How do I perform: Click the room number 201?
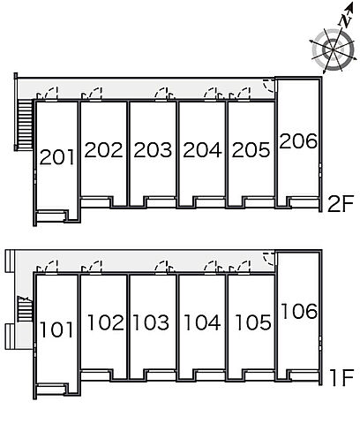pyautogui.click(x=56, y=157)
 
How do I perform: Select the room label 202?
pyautogui.click(x=103, y=150)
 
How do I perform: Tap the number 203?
pyautogui.click(x=153, y=150)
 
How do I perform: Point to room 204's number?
pyautogui.click(x=202, y=150)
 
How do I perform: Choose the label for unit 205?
pyautogui.click(x=251, y=150)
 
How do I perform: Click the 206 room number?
pyautogui.click(x=298, y=140)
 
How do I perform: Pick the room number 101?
pyautogui.click(x=56, y=329)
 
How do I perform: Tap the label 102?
pyautogui.click(x=106, y=322)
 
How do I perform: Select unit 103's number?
pyautogui.click(x=151, y=322)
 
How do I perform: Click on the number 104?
pyautogui.click(x=202, y=322)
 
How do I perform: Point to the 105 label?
pyautogui.click(x=253, y=322)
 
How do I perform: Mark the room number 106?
pyautogui.click(x=299, y=311)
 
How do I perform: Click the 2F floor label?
pyautogui.click(x=340, y=204)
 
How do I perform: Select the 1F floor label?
pyautogui.click(x=341, y=378)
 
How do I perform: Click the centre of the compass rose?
pyautogui.click(x=333, y=49)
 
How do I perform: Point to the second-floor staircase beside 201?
pyautogui.click(x=26, y=125)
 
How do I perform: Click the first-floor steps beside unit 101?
pyautogui.click(x=24, y=308)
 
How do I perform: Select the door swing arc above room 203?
pyautogui.click(x=161, y=94)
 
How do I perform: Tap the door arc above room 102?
pyautogui.click(x=95, y=267)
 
